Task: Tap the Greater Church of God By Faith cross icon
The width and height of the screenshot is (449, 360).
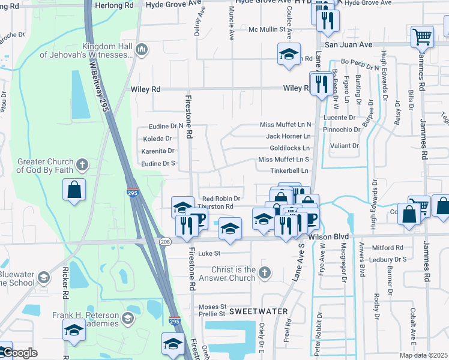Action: tap(82, 164)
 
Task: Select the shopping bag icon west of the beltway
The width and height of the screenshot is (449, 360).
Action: tap(74, 190)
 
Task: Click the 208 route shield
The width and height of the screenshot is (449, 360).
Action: tap(166, 241)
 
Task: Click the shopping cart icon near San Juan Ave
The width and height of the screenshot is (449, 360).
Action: tap(422, 37)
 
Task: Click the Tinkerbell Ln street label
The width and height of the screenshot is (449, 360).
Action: tap(289, 170)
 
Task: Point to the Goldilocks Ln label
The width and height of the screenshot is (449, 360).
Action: tap(290, 148)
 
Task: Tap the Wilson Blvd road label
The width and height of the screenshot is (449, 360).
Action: tap(328, 236)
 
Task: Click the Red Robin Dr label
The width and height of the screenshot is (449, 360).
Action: tap(221, 199)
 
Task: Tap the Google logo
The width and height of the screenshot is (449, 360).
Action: tap(19, 353)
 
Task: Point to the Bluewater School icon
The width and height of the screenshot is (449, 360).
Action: tap(43, 278)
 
